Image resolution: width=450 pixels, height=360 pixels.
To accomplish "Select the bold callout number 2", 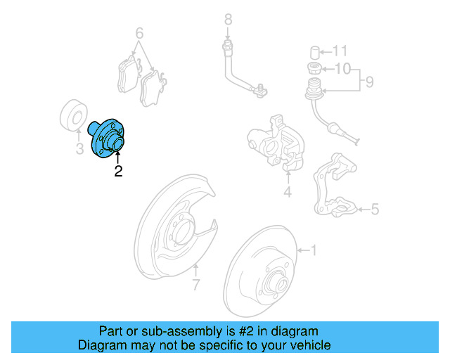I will pos(118,171).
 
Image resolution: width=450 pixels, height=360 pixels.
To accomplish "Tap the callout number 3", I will pos(79,149).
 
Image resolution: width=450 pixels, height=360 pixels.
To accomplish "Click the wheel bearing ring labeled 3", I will pos(73,115).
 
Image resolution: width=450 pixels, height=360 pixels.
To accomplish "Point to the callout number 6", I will pos(139,33).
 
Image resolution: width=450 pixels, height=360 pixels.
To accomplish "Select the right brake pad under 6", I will pos(153,88).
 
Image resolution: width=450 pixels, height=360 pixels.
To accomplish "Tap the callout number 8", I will pos(227,19).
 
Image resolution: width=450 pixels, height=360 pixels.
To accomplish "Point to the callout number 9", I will pos(368,83).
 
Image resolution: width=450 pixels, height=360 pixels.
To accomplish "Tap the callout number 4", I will pos(287,192).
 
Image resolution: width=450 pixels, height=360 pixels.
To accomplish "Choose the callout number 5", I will pos(375,209).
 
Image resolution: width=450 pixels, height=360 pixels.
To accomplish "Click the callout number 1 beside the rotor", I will pos(314,250).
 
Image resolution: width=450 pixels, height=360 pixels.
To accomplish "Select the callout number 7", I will pos(196,285).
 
